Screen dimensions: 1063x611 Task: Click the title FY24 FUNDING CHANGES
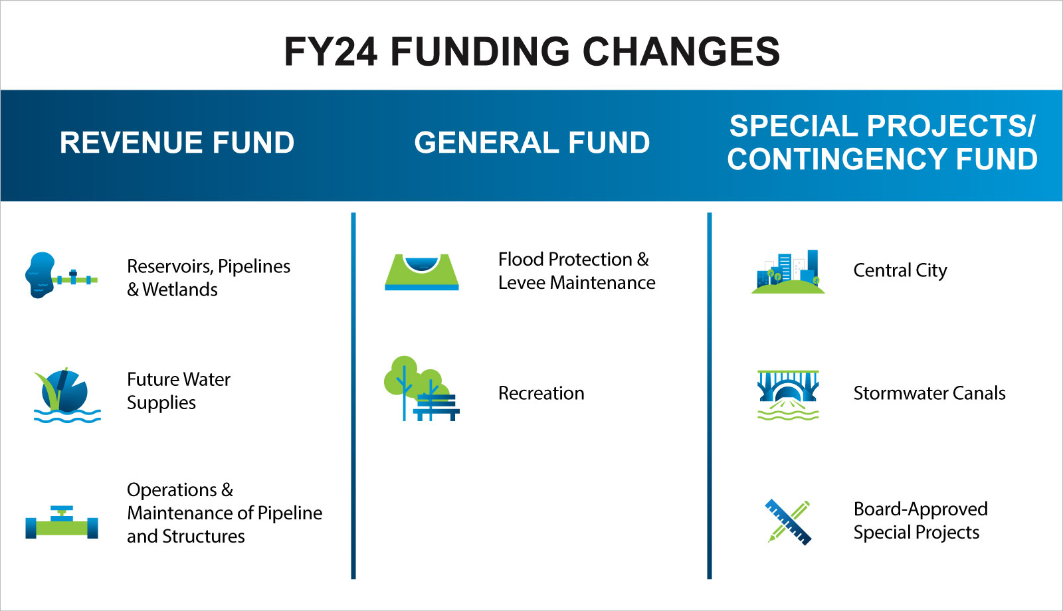(531, 51)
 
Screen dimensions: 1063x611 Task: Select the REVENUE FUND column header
(177, 142)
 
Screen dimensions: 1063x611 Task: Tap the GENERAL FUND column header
(532, 142)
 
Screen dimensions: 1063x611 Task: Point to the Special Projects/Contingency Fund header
(882, 142)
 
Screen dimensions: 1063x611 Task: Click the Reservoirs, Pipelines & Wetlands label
(209, 278)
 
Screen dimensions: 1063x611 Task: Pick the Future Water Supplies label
(179, 391)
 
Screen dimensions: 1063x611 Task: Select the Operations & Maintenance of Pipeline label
(225, 513)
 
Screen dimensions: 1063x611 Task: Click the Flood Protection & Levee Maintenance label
(577, 271)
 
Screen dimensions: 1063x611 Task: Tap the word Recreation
(541, 393)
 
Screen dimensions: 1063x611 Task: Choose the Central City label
(900, 271)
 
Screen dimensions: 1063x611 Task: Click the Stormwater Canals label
(929, 393)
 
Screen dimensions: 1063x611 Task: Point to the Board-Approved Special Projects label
(921, 521)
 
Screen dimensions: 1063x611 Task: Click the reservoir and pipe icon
(61, 276)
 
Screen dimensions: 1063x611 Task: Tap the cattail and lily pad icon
(67, 394)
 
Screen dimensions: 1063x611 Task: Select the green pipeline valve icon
(62, 523)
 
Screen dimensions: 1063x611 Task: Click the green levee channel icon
(422, 272)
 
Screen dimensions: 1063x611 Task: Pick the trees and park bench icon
(421, 389)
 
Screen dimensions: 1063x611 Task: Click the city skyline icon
(788, 272)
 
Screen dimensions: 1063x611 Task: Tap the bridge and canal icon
(788, 395)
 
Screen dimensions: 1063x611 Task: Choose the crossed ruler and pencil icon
(788, 523)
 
